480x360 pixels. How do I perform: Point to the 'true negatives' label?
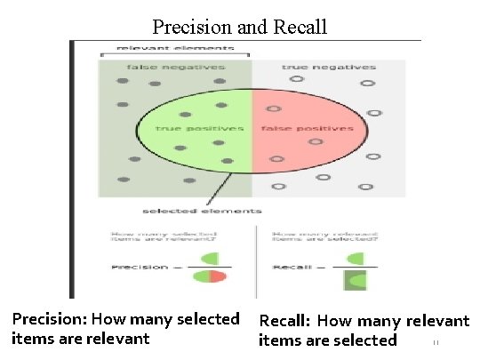(x=329, y=68)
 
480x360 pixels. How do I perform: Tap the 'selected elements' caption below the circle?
(x=203, y=211)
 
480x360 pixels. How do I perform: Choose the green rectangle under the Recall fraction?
(x=354, y=281)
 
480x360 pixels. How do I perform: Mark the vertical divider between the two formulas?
(x=257, y=262)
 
